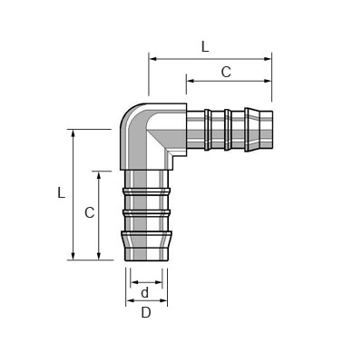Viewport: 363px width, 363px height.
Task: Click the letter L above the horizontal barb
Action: coord(205,46)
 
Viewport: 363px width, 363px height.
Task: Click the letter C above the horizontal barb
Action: coord(226,72)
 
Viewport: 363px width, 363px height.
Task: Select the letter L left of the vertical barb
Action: coord(62,192)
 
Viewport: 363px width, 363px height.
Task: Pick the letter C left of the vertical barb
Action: coord(90,212)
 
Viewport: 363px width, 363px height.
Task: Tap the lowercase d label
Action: coord(145,292)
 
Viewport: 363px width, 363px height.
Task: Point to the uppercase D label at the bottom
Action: coord(146,313)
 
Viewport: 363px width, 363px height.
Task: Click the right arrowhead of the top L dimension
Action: coord(268,59)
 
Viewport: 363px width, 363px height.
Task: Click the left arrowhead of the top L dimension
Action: coord(153,59)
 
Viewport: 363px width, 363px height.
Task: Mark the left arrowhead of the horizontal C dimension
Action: coord(191,81)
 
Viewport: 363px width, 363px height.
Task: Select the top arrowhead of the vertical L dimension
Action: coord(73,133)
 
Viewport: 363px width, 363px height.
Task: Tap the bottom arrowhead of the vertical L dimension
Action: coord(73,256)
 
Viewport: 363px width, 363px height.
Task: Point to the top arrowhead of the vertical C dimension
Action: coord(98,175)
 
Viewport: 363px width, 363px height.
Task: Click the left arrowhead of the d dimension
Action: coord(134,282)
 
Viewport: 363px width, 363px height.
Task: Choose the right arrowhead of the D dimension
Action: coord(163,300)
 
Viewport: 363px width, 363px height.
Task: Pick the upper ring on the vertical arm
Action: coord(146,191)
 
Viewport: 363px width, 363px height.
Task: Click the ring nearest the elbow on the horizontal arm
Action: coord(207,130)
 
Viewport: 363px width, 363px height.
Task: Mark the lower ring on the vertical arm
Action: coord(146,213)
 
